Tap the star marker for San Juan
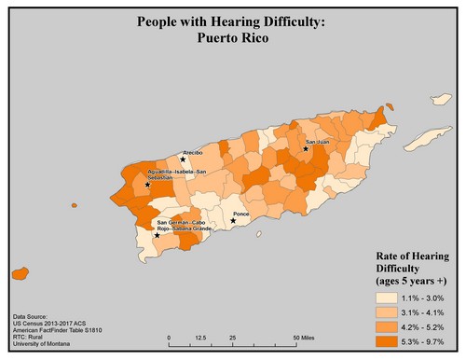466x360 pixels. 305,148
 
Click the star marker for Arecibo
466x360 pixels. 183,159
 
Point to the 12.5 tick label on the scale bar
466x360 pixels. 200,336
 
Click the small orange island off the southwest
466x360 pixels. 17,274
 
